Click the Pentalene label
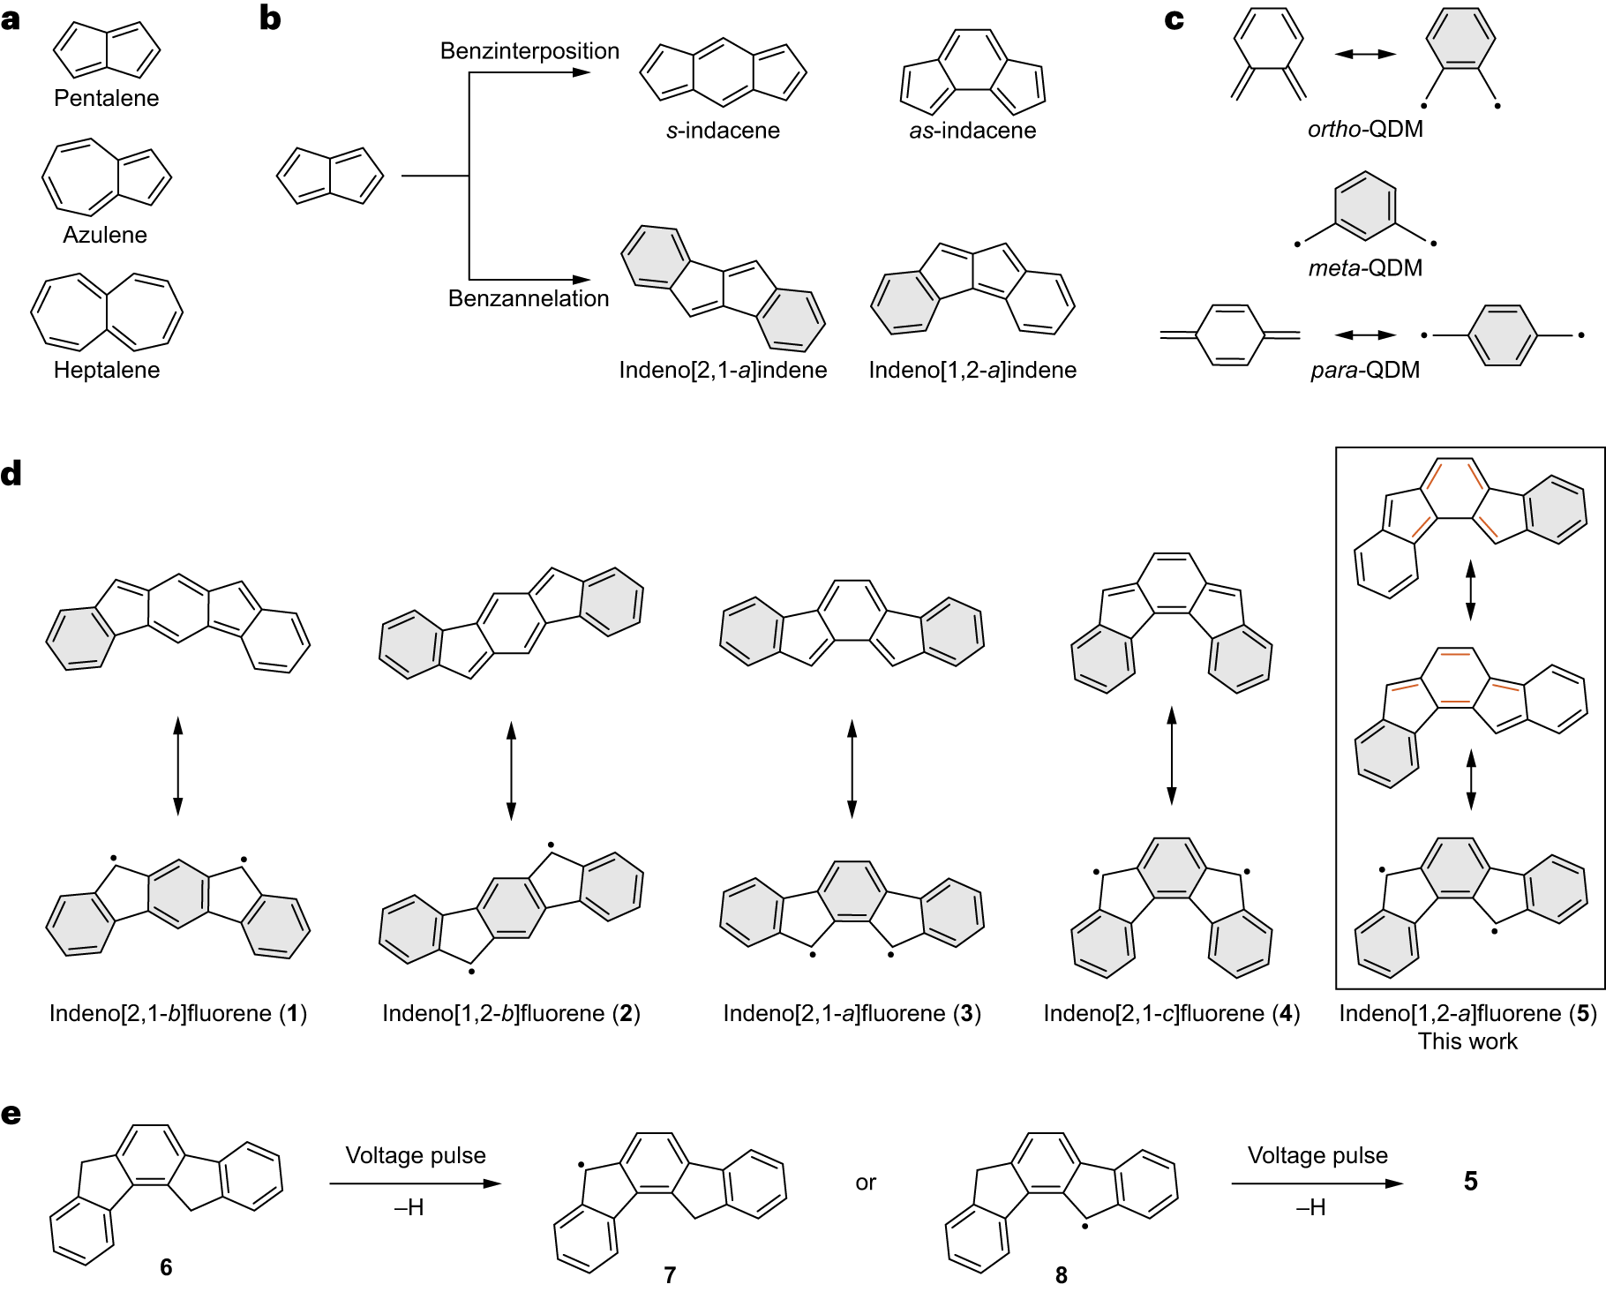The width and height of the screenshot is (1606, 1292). (106, 98)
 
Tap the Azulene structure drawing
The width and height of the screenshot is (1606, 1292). (106, 177)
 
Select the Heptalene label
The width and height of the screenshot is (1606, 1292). (106, 370)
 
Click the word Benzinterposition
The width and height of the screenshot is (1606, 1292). (529, 51)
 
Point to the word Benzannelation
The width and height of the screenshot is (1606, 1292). (528, 298)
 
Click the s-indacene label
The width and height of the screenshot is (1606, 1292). (723, 131)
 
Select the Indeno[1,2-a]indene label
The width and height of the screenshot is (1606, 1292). (972, 370)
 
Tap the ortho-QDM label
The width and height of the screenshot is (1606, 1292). (1365, 129)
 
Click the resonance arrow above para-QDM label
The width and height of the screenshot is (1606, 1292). (1365, 335)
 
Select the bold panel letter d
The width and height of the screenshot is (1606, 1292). (11, 475)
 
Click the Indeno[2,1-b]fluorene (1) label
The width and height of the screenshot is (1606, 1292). (178, 1013)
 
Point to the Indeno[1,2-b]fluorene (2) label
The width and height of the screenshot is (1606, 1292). (511, 1013)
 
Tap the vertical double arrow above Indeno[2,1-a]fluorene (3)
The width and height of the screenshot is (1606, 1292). (852, 768)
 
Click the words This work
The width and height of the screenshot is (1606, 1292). (1467, 1041)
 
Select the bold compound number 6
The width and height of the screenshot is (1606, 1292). (166, 1267)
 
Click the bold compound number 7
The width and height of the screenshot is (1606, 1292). (670, 1275)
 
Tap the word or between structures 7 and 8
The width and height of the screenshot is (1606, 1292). (866, 1183)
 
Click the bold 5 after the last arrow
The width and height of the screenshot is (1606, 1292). (1470, 1182)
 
